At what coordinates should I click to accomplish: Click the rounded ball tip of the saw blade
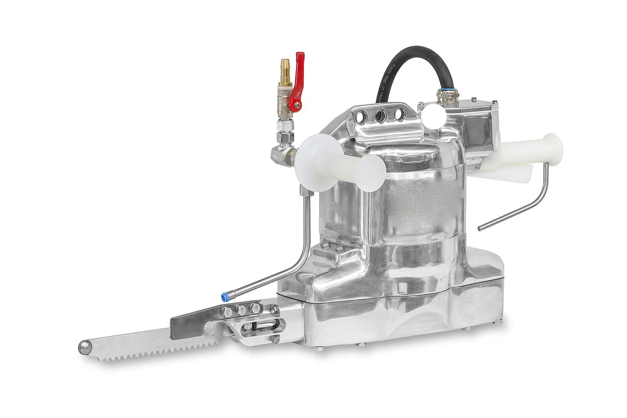coord(84,347)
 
